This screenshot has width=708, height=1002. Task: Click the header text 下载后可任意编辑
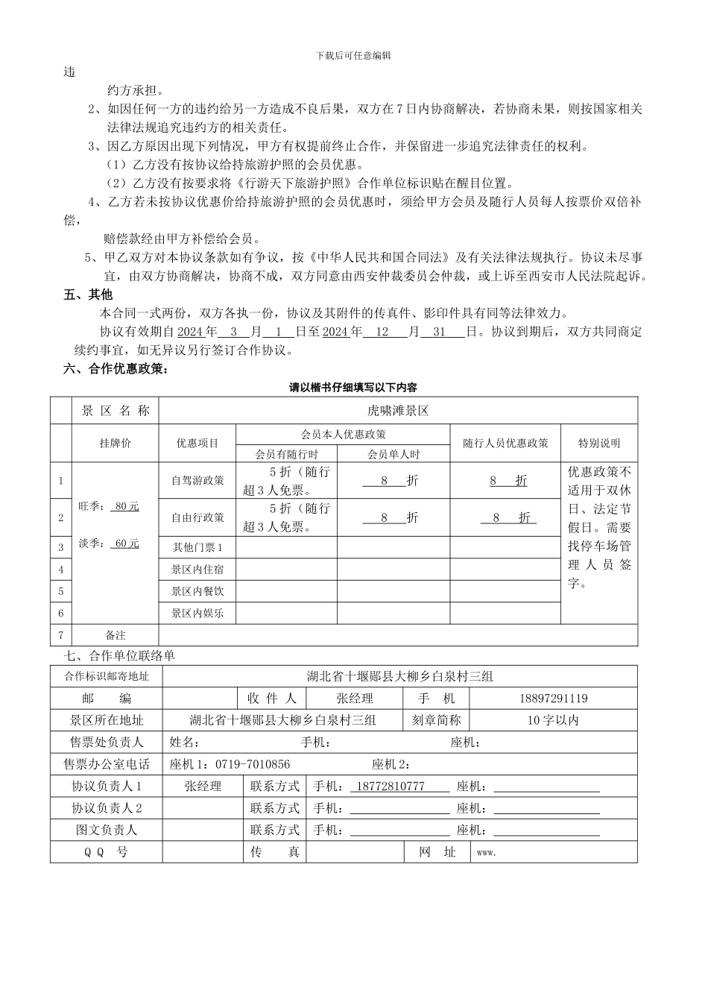pyautogui.click(x=353, y=55)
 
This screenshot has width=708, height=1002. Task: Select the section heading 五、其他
pyautogui.click(x=87, y=295)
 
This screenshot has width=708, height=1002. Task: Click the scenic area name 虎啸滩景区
pyautogui.click(x=398, y=411)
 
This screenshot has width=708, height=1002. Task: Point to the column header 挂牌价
pyautogui.click(x=115, y=443)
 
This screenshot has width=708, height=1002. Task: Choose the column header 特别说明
pyautogui.click(x=598, y=443)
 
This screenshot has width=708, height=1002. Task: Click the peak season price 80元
pyautogui.click(x=127, y=506)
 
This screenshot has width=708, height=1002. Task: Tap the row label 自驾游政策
pyautogui.click(x=197, y=481)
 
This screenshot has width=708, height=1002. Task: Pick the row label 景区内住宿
pyautogui.click(x=197, y=569)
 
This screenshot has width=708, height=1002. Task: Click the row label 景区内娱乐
pyautogui.click(x=197, y=614)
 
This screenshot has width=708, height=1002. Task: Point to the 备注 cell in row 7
pyautogui.click(x=116, y=635)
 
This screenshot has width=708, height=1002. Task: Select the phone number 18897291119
pyautogui.click(x=553, y=699)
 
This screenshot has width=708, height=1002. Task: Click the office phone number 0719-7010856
pyautogui.click(x=253, y=764)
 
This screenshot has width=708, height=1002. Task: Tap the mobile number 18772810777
pyautogui.click(x=391, y=787)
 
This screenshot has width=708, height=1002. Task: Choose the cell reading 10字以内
pyautogui.click(x=553, y=720)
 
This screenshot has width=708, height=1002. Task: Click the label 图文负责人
pyautogui.click(x=106, y=830)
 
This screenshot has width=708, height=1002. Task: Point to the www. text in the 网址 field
pyautogui.click(x=485, y=852)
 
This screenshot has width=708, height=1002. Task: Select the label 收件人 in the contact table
pyautogui.click(x=272, y=699)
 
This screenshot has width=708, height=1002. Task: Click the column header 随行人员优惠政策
pyautogui.click(x=505, y=443)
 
